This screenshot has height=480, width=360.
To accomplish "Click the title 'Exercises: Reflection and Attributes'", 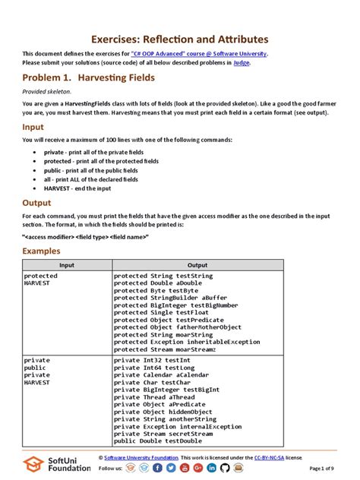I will pos(179,39).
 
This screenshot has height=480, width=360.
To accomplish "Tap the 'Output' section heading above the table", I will pos(37,203).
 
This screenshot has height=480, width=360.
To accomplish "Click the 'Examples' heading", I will pos(41,250).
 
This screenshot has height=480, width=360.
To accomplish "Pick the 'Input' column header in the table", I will pos(66,265).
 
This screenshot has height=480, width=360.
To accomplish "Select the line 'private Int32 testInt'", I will pos(152,360).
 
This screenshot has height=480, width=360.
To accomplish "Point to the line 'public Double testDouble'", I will pos(158,441).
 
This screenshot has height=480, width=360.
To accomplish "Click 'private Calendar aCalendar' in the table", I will pos(162,375).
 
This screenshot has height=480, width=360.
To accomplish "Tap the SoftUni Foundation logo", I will pos(55,464).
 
